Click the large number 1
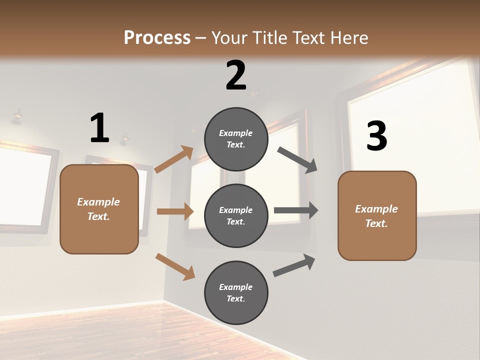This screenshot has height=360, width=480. (x=99, y=128)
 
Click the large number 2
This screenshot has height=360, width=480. (x=236, y=75)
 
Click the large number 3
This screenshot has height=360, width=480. (x=377, y=136)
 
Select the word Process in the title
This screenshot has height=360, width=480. (x=157, y=37)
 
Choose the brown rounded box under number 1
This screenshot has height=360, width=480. (x=99, y=209)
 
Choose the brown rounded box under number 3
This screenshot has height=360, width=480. (x=377, y=215)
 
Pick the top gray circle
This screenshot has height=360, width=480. (x=236, y=139)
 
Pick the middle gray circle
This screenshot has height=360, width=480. (x=236, y=215)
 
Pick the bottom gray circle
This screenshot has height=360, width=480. (x=236, y=292)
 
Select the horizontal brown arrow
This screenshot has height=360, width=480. (x=175, y=211)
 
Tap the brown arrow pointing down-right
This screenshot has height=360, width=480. (x=175, y=266)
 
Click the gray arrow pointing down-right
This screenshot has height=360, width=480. (x=297, y=159)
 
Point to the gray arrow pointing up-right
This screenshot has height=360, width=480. (x=294, y=265)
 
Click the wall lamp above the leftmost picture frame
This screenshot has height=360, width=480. (x=18, y=115)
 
